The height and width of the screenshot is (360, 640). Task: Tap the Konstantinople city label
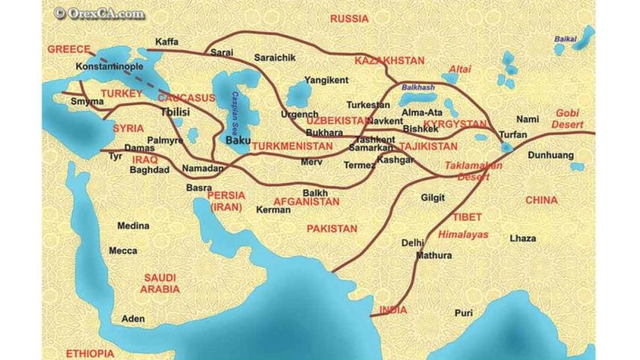point(110,66)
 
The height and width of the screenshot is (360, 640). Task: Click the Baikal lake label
point(565,39)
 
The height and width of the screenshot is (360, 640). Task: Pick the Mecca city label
point(123,251)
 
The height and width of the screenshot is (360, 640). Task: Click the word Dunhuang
point(550,155)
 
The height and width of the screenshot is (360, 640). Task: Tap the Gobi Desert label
point(567,118)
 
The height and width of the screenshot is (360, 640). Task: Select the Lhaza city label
point(523,238)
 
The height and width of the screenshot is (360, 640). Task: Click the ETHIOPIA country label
point(90,353)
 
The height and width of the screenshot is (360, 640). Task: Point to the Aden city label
point(133,318)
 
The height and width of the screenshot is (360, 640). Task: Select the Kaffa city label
point(167,42)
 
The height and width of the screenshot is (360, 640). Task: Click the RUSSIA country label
point(349,18)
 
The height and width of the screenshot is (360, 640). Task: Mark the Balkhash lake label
point(417,87)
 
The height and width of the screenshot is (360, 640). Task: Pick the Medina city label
point(133,226)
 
